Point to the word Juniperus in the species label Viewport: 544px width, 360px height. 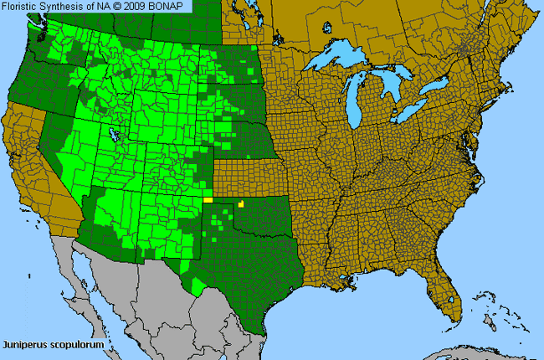pos(25,344)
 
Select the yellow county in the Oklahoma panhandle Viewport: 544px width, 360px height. pos(208,200)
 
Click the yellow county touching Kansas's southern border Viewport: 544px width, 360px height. pos(241,203)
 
